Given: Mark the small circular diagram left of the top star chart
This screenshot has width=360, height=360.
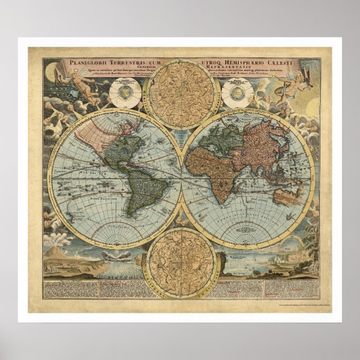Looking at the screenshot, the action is tap(125, 93).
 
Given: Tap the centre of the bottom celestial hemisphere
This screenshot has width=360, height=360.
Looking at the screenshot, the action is tap(180, 262).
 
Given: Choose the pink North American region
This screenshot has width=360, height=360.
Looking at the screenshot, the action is tap(95, 134).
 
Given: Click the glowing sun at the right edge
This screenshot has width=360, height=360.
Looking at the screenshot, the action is tap(312, 106).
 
